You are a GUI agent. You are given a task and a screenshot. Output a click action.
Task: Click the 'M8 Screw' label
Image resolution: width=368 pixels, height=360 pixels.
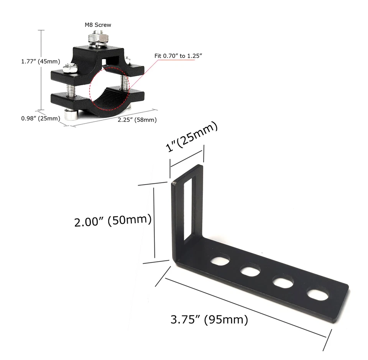(x=98, y=25)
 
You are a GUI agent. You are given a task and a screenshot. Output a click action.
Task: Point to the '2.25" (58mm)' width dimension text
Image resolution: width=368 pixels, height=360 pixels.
(x=137, y=119)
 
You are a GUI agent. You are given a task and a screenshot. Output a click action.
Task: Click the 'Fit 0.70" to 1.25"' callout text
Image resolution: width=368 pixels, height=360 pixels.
(x=178, y=56)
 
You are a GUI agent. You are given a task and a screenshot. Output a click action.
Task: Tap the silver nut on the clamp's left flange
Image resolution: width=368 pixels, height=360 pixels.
(x=69, y=69)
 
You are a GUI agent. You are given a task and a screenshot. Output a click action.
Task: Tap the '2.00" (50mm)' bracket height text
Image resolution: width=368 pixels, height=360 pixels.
(x=113, y=221)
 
